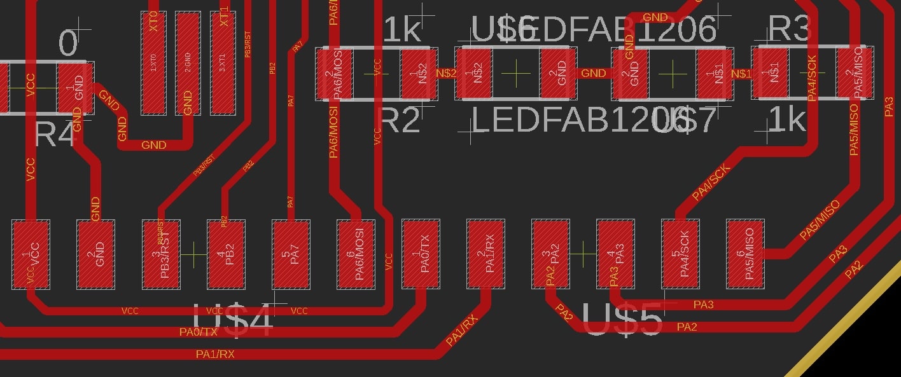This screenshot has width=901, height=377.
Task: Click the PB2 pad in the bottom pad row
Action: coord(226,254)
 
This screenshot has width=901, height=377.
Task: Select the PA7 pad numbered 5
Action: coord(291,254)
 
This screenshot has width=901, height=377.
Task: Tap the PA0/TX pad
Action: coord(421,254)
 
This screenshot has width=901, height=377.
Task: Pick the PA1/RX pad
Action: coord(485,254)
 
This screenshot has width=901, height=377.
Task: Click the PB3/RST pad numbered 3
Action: coord(161,254)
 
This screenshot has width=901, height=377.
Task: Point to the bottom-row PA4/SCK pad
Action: coord(680,254)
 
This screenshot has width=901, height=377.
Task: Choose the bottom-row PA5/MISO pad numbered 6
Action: coord(745,254)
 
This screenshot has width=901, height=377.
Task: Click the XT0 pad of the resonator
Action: coord(153,62)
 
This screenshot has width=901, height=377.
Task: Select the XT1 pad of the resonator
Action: coord(223,62)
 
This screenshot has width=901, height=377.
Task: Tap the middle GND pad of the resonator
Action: coord(188,62)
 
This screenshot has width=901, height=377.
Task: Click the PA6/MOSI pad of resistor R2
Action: coord(335,73)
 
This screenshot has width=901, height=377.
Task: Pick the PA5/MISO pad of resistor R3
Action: coord(855,73)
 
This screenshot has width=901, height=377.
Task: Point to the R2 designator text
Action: coord(400,120)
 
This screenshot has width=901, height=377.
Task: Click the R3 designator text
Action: coord(790,29)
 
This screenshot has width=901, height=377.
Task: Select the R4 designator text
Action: coord(55,135)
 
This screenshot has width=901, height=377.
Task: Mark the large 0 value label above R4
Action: coord(68,44)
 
